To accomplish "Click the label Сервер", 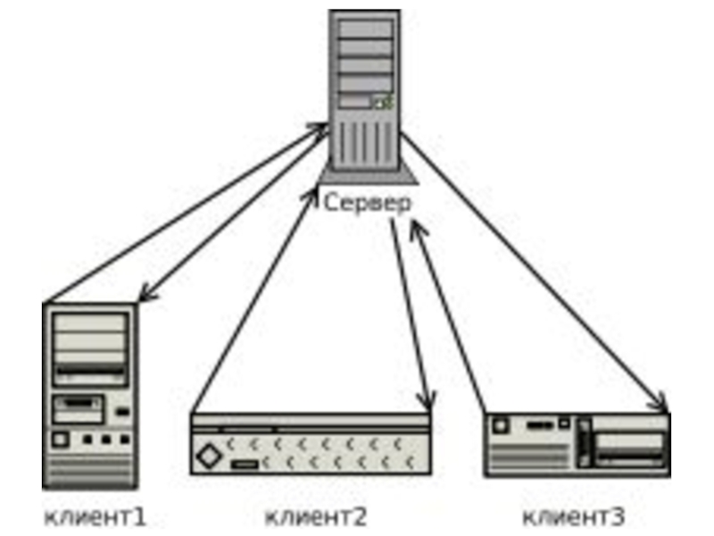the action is click(367, 204).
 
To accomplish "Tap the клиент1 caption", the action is click(95, 517).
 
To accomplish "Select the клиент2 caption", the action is click(316, 517).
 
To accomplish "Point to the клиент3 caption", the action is click(573, 517).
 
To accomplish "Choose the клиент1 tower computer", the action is click(90, 396).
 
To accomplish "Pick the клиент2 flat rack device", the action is click(311, 444).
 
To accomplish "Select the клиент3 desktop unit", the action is click(577, 445).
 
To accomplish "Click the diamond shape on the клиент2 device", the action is click(209, 456).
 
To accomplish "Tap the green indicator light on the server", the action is click(384, 102).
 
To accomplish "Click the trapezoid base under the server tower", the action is click(368, 177).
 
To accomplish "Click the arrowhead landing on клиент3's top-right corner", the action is click(659, 402).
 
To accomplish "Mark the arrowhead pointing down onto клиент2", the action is click(428, 401).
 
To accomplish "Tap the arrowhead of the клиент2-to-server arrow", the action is click(312, 196).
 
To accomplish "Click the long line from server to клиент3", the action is click(533, 271).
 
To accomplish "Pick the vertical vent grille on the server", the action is click(365, 145).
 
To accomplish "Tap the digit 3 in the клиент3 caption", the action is click(617, 517).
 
